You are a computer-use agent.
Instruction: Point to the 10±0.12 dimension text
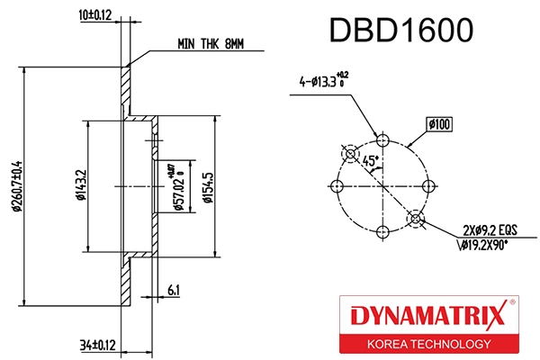[x=94, y=15]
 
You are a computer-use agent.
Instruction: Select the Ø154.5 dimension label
[x=208, y=186]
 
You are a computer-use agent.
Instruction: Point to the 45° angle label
[x=369, y=160]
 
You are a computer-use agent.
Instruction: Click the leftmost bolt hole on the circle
[x=337, y=185]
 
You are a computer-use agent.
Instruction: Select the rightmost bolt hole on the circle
[x=427, y=185]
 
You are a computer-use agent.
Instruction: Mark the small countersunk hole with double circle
[x=415, y=218]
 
